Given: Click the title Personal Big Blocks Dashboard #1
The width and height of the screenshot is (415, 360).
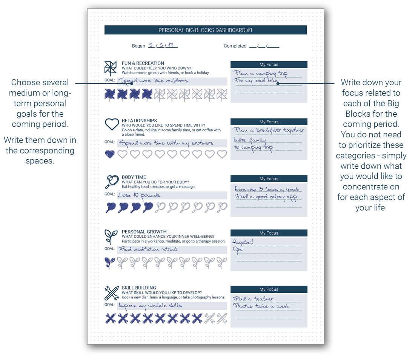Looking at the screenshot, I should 205,30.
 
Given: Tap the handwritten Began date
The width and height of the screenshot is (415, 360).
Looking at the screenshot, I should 163,45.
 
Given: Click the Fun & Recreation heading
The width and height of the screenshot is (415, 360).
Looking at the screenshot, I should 143,63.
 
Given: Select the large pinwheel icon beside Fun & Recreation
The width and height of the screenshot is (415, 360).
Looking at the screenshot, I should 111,68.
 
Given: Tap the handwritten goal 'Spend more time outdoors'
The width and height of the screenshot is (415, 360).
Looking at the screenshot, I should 153,81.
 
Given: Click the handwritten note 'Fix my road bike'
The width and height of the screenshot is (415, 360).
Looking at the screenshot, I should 256,81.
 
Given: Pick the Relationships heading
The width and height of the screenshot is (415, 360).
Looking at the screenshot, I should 139,121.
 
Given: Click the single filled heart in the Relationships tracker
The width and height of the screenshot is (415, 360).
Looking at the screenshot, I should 110,154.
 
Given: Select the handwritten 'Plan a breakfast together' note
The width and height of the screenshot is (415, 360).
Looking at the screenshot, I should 269,130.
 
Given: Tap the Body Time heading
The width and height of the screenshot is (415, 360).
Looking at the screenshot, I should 134,177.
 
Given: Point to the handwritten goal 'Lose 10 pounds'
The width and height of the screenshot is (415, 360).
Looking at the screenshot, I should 139,195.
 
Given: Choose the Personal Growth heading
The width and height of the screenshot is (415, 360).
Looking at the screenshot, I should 144,232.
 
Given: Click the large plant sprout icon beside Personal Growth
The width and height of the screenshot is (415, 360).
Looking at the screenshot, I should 111,237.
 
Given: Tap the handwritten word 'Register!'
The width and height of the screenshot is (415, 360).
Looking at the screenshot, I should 243,242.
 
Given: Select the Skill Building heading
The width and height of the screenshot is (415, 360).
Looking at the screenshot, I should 139,288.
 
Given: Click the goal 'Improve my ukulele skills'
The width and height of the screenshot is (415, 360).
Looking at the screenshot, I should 150,306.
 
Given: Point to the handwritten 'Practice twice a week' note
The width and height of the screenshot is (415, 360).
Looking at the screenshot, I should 261,306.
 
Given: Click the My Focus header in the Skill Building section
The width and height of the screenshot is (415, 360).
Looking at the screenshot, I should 269,289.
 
